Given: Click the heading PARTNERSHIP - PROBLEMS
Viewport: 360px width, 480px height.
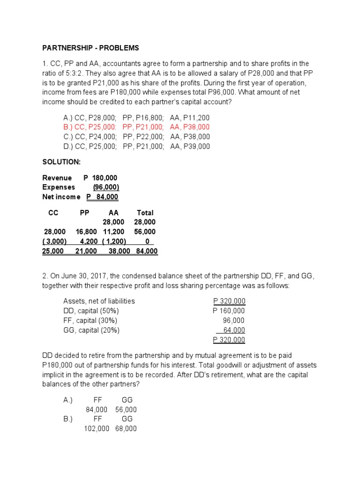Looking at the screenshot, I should pyautogui.click(x=90, y=48).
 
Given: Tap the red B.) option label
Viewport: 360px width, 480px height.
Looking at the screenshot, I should pyautogui.click(x=69, y=127).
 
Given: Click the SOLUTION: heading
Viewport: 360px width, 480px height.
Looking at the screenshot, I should pyautogui.click(x=61, y=162).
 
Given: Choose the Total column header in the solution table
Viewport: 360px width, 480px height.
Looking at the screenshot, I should pyautogui.click(x=145, y=213).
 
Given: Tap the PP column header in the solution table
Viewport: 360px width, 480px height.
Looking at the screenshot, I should pyautogui.click(x=84, y=213).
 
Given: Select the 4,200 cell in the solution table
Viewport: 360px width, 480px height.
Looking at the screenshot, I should pyautogui.click(x=89, y=241).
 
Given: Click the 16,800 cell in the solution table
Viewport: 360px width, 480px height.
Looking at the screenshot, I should pyautogui.click(x=86, y=232).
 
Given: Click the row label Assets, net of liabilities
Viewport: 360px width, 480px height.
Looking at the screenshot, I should pyautogui.click(x=99, y=301).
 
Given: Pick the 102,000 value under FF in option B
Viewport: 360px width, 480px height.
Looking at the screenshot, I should pyautogui.click(x=97, y=428).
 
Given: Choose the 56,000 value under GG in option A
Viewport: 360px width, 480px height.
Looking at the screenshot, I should pyautogui.click(x=126, y=410).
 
